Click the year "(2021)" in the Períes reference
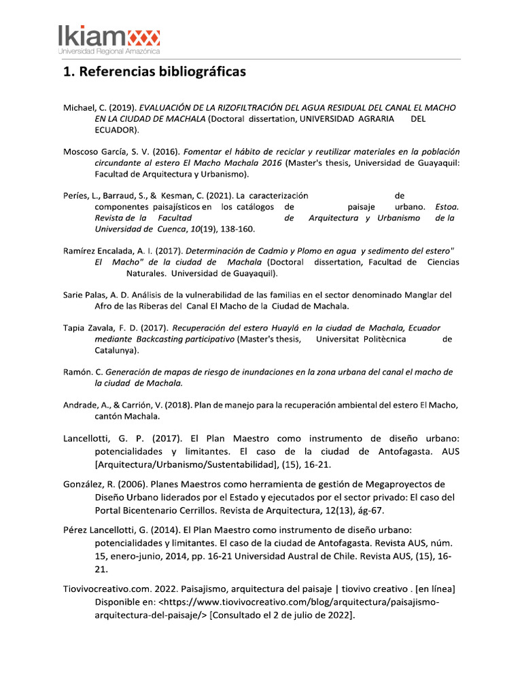point(217,196)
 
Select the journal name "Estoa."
point(447,207)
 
